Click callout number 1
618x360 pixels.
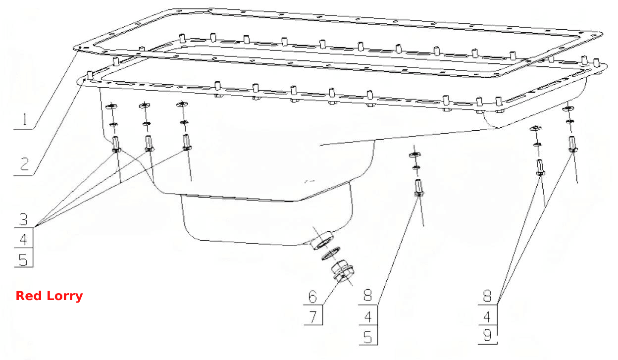25,119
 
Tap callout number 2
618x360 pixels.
25,164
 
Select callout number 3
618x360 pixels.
23,219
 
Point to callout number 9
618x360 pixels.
487,335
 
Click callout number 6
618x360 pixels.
312,297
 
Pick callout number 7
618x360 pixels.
313,317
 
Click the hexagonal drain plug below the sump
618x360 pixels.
342,271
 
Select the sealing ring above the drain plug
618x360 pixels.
331,253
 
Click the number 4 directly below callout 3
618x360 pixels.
23,240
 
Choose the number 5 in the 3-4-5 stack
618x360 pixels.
23,259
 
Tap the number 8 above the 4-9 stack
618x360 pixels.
487,296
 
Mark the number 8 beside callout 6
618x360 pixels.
368,295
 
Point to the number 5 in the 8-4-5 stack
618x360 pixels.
368,337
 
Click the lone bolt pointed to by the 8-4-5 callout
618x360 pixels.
419,188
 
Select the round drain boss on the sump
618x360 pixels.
322,240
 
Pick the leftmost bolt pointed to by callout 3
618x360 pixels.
116,145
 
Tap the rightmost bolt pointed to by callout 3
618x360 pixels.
187,142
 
